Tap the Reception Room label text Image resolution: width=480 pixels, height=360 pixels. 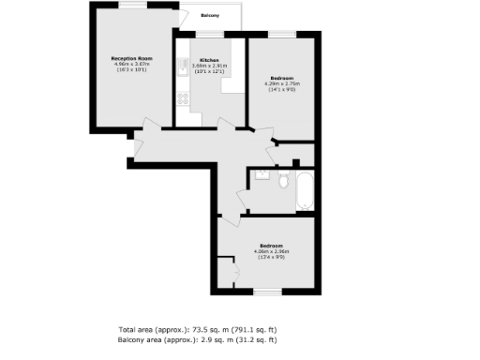pos(131,58)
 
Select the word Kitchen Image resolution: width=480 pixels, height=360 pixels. pos(209,59)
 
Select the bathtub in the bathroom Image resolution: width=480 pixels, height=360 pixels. pos(306,191)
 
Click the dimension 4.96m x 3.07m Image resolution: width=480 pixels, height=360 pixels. pos(131,64)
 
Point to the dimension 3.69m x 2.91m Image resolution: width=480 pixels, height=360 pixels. pos(209,66)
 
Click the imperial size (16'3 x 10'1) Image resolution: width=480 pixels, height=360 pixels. pos(131,70)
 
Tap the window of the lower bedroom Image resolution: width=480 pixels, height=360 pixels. pos(268,292)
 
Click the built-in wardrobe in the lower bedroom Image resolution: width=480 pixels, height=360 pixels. pos(225,271)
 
